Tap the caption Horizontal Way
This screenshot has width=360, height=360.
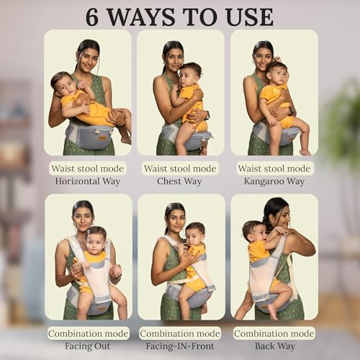pyautogui.click(x=88, y=181)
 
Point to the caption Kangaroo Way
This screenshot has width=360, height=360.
pyautogui.click(x=274, y=181)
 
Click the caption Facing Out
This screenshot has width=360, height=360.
pyautogui.click(x=88, y=346)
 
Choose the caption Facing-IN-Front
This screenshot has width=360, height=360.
pyautogui.click(x=181, y=346)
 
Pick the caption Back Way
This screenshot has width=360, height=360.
pyautogui.click(x=274, y=346)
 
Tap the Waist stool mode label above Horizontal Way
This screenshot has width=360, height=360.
pyautogui.click(x=88, y=168)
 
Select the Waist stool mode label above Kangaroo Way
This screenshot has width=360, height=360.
pyautogui.click(x=274, y=168)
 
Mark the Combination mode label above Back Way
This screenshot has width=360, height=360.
pyautogui.click(x=274, y=333)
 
